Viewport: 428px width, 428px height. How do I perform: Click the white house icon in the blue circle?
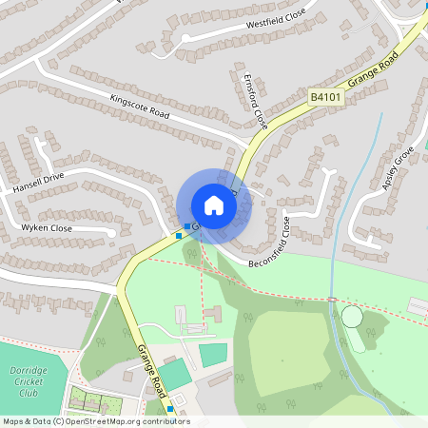click(x=214, y=204)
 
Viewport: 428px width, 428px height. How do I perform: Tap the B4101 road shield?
click(x=324, y=96)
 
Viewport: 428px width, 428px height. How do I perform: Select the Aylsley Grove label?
click(x=399, y=168)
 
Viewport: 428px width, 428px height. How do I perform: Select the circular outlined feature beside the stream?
click(x=352, y=316)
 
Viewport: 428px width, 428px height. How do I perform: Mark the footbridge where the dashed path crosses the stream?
click(x=331, y=301)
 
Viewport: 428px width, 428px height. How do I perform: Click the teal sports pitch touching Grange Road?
click(x=174, y=373)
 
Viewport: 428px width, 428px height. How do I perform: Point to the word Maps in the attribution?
click(x=14, y=421)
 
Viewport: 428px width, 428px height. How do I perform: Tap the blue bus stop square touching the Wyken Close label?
click(x=178, y=234)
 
